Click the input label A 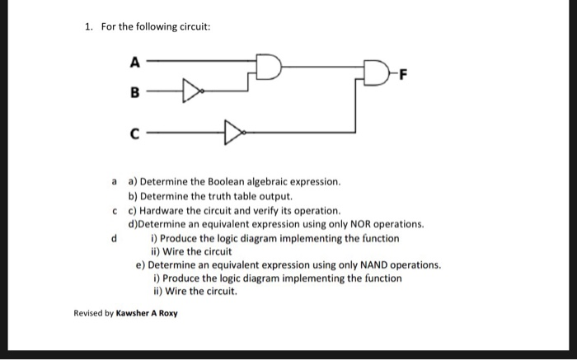point(135,60)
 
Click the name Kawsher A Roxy point(147,314)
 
